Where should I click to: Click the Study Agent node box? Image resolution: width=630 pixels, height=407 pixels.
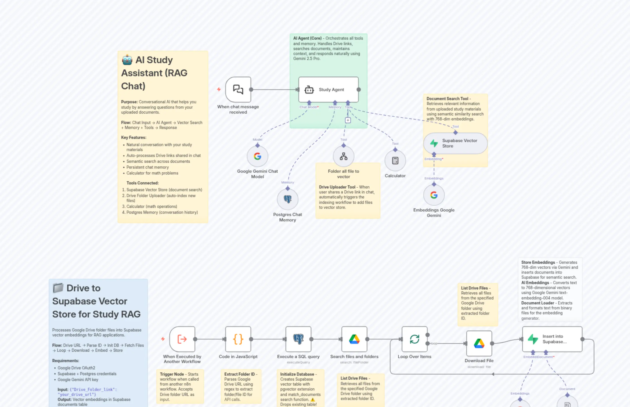(x=328, y=90)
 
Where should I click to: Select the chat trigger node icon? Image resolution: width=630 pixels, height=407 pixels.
(x=238, y=90)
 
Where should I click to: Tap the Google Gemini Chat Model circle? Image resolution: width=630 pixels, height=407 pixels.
(x=258, y=156)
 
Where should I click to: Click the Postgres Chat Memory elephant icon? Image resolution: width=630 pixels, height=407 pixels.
(x=287, y=199)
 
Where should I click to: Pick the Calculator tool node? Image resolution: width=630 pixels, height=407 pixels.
(x=395, y=161)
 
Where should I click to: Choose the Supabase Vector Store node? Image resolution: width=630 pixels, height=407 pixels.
(x=455, y=143)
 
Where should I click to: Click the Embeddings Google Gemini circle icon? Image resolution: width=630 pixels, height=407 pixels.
(x=434, y=195)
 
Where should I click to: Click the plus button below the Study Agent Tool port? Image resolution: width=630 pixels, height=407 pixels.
(x=348, y=120)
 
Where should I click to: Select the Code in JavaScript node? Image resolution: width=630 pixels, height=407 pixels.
(x=238, y=339)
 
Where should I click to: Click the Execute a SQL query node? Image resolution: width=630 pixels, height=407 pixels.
(x=298, y=339)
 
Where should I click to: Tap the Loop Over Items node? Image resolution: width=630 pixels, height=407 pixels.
(x=414, y=339)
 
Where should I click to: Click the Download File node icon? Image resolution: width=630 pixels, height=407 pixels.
(x=479, y=343)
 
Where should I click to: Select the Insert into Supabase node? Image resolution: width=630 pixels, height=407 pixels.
(x=552, y=339)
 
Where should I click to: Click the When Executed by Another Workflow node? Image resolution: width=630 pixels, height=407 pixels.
(x=182, y=339)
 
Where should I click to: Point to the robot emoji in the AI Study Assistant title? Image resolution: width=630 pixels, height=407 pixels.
(x=127, y=60)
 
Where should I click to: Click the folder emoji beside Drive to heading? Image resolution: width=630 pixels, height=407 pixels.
(x=58, y=288)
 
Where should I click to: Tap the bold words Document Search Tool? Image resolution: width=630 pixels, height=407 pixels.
(x=447, y=99)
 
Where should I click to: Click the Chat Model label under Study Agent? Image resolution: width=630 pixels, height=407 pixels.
(x=308, y=107)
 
